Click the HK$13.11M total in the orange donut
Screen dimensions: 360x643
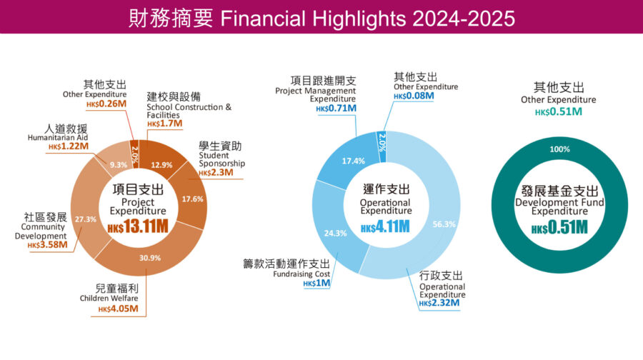138,228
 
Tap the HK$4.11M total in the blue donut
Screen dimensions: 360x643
386,227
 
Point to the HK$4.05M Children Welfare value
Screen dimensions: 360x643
122,309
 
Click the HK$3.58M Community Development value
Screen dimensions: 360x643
48,245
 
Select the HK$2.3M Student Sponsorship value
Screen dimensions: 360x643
215,173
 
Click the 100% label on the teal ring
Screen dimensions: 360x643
560,149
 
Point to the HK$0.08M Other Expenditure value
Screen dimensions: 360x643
414,96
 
